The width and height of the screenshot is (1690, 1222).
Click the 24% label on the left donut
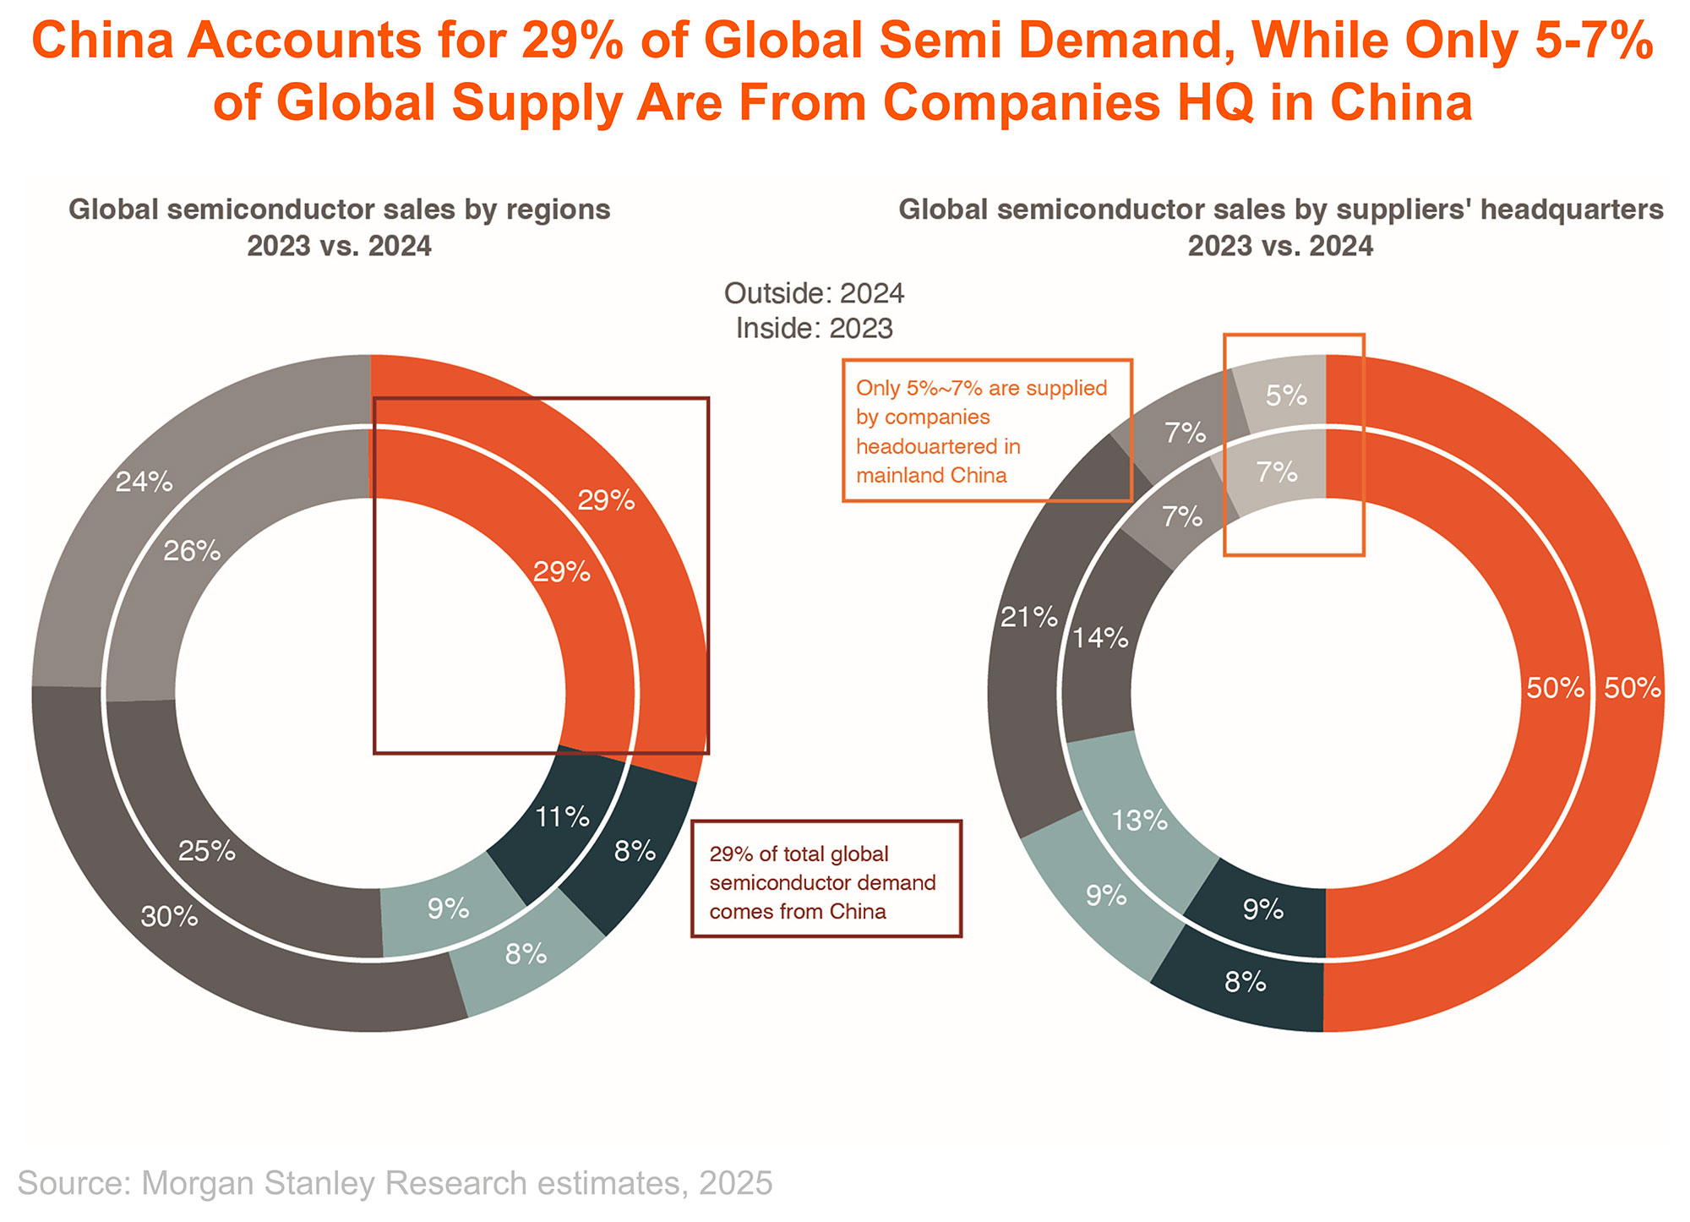click(144, 483)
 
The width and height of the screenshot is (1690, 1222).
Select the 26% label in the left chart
click(192, 552)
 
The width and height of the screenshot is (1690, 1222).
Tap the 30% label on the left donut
click(169, 917)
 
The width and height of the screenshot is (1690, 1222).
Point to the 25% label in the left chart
click(207, 851)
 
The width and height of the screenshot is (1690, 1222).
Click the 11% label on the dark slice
click(562, 817)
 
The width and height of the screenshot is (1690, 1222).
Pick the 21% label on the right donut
click(1028, 618)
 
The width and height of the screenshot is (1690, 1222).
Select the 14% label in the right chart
click(1099, 638)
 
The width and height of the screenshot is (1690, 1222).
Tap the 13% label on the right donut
click(1139, 820)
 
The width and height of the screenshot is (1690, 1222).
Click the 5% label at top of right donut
click(1286, 395)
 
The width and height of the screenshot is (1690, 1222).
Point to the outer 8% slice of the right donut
click(1245, 982)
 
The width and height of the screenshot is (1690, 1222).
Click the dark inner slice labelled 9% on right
click(1263, 910)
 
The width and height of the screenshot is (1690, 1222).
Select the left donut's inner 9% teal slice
click(448, 909)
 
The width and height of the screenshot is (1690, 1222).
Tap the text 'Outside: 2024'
click(814, 293)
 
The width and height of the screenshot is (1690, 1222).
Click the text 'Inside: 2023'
click(814, 328)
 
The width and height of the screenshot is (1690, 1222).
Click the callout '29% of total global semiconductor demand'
click(826, 879)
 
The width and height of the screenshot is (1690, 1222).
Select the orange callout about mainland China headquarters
click(986, 431)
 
